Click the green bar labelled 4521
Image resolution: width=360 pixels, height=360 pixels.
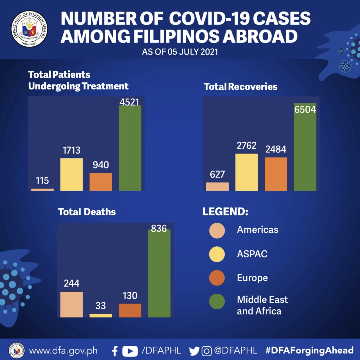(130, 148)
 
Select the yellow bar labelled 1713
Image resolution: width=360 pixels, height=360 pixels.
(71, 174)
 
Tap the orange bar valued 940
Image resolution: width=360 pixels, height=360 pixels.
(101, 182)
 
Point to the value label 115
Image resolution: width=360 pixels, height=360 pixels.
(42, 180)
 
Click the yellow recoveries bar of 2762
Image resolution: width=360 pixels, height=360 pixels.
(246, 172)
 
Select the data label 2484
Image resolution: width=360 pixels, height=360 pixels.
(276, 149)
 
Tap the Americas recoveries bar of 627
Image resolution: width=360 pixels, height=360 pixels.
(217, 186)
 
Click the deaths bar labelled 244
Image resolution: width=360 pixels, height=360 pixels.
(71, 304)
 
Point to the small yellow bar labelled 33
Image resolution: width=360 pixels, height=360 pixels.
(101, 316)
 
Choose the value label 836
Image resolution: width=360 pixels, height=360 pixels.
(159, 228)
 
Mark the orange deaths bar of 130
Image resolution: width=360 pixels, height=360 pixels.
(130, 310)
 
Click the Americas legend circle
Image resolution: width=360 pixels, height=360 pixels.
(217, 231)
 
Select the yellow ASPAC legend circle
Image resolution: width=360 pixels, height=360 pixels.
(217, 254)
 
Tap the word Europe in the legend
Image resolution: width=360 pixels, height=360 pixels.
(252, 278)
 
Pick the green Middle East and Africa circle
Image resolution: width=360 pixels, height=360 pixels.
(217, 301)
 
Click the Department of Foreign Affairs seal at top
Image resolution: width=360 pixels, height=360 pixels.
(29, 29)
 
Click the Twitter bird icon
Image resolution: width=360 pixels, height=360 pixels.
(194, 351)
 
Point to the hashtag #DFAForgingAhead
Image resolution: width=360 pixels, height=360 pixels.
(309, 350)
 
